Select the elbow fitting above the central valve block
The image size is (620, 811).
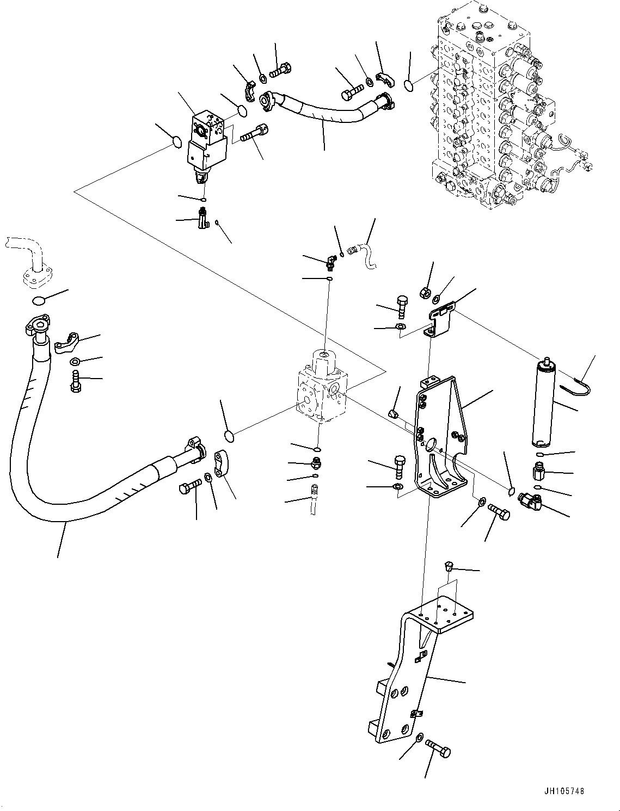[x=330, y=264]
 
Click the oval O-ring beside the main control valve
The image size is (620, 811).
[x=409, y=84]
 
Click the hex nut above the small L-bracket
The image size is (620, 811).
[x=425, y=292]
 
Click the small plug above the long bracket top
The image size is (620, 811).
[x=449, y=566]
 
